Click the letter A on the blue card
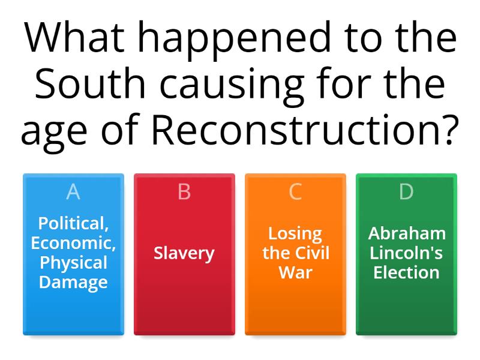[73, 192]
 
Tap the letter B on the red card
[184, 192]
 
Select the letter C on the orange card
[295, 192]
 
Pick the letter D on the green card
[406, 192]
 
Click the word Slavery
[184, 253]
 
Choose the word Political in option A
[73, 223]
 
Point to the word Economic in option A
[73, 243]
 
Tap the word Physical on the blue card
[73, 262]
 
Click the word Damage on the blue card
[73, 282]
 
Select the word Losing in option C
[295, 233]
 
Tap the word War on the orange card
[295, 272]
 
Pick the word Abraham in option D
[406, 233]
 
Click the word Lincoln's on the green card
[406, 253]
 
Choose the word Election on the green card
[406, 272]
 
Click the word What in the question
[70, 39]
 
